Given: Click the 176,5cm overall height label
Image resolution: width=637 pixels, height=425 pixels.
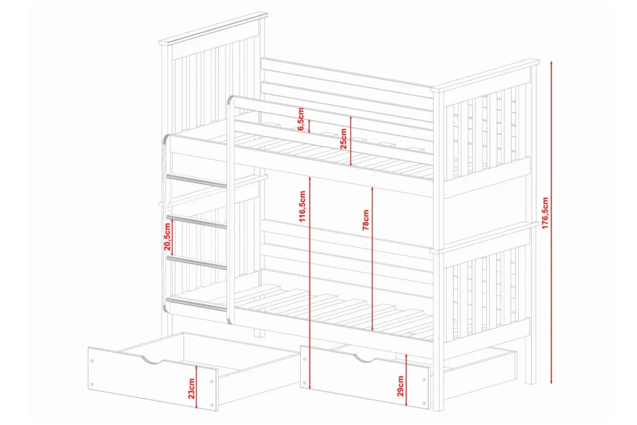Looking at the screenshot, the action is (x=545, y=213).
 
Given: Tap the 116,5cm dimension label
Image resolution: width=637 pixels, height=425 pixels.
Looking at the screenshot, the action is (x=302, y=207).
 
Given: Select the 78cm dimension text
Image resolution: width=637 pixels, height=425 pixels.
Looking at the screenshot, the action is (x=366, y=220).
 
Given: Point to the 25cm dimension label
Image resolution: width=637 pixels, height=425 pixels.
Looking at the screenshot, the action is (x=344, y=139).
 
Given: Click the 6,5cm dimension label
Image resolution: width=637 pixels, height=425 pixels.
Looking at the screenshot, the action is (x=301, y=119).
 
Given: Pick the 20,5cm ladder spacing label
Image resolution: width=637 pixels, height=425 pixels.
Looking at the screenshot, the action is (x=167, y=237).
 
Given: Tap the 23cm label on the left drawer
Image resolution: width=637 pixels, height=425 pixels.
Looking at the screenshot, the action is (x=192, y=388).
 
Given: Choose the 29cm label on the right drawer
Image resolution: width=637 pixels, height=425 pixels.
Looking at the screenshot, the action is (x=401, y=385).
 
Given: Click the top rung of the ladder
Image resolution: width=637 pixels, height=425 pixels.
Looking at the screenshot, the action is (x=196, y=181).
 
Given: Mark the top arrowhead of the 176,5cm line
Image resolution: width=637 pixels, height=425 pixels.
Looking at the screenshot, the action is (x=551, y=63).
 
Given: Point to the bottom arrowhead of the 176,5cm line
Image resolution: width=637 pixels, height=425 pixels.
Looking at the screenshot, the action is (x=551, y=381).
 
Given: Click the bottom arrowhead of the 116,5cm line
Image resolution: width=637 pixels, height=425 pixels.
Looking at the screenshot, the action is (x=310, y=385).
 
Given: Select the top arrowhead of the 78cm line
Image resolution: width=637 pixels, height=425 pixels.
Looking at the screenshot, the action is (x=372, y=189).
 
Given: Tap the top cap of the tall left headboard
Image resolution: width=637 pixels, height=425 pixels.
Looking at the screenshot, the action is (x=213, y=28).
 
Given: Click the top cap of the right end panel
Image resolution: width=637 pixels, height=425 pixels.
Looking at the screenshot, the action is (x=485, y=75).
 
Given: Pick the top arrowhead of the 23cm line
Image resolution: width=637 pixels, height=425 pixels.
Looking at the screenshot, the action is (x=197, y=367).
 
